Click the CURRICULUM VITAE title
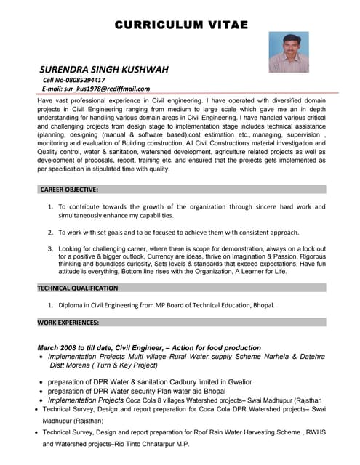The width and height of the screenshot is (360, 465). (x=181, y=25)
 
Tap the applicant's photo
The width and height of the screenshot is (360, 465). (x=289, y=52)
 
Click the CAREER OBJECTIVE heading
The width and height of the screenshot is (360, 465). (x=69, y=189)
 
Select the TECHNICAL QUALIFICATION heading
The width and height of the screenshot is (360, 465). (x=78, y=288)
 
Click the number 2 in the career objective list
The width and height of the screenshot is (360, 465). (x=50, y=232)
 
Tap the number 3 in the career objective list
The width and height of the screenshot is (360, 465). (x=50, y=249)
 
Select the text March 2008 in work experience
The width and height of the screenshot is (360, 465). (x=58, y=348)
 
